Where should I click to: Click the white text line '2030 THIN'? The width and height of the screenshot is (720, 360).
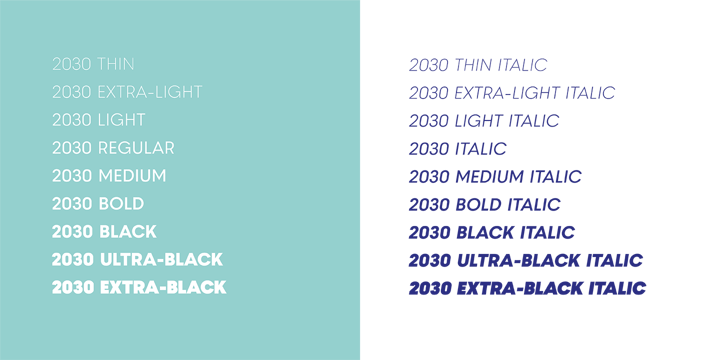click(93, 64)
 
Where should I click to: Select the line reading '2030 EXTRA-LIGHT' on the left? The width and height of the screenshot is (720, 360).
click(127, 92)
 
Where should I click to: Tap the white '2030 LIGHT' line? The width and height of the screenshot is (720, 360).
click(99, 120)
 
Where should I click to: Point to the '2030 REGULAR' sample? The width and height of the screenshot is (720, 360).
click(113, 148)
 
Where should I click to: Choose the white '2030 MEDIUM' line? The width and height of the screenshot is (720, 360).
click(109, 176)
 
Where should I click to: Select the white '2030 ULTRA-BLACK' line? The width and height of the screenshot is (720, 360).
click(137, 260)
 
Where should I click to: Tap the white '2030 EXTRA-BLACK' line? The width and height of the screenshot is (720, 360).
click(139, 288)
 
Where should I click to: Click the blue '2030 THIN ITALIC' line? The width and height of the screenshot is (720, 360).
click(478, 65)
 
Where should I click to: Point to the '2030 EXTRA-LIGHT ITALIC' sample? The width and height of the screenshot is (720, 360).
click(512, 93)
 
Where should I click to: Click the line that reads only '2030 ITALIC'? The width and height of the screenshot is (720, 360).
click(458, 149)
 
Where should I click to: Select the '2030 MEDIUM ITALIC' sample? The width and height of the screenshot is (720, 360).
click(495, 177)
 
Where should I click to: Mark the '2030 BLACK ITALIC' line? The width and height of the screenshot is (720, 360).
click(492, 233)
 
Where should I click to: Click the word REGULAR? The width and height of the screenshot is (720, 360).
click(136, 148)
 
